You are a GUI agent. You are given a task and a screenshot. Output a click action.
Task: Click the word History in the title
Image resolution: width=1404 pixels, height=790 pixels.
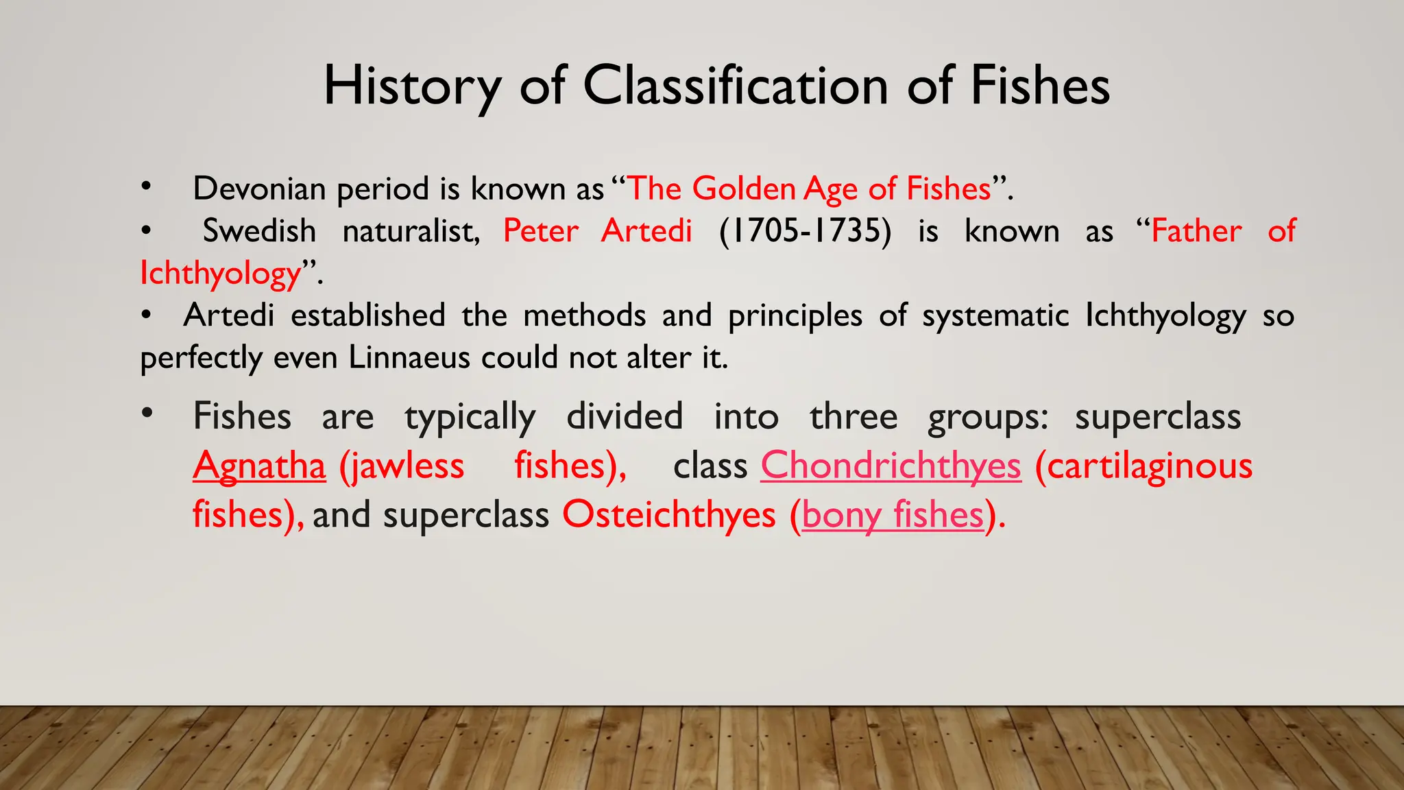[412, 86]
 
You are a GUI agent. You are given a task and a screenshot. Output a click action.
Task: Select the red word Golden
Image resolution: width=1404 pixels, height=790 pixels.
[744, 189]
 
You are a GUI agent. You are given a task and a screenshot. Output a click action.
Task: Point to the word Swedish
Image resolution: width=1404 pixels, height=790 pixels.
[259, 231]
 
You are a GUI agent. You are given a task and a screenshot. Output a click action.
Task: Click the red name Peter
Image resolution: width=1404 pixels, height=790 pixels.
[541, 231]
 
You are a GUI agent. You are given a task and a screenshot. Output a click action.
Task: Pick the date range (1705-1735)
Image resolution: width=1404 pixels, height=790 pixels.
[805, 231]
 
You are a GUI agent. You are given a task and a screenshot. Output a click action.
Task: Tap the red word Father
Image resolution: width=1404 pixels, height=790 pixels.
[1196, 231]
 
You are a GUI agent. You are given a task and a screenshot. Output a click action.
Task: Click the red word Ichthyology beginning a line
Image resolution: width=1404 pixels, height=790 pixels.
[221, 274]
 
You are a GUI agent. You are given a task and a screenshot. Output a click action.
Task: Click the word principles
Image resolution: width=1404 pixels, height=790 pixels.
[795, 316]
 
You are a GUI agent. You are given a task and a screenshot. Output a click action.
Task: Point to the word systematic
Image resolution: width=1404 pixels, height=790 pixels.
[995, 316]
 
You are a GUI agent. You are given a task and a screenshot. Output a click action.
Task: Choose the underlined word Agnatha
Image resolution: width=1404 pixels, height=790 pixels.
[259, 466]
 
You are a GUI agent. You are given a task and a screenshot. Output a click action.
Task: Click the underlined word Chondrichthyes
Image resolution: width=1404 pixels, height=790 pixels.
[891, 466]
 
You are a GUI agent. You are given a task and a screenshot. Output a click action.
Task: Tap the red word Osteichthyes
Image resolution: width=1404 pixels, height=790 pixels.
[668, 515]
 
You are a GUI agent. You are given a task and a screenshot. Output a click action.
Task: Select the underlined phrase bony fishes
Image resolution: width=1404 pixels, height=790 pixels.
[893, 515]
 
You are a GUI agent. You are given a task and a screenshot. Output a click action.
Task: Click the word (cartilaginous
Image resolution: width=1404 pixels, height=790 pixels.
[1143, 466]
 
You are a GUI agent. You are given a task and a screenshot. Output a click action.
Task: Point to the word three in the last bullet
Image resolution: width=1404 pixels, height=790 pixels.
[854, 417]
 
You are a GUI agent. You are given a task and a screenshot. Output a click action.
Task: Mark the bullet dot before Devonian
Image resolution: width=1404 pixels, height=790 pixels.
[145, 186]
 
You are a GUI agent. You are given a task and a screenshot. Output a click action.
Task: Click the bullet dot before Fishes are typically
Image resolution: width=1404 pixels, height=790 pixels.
[147, 414]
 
